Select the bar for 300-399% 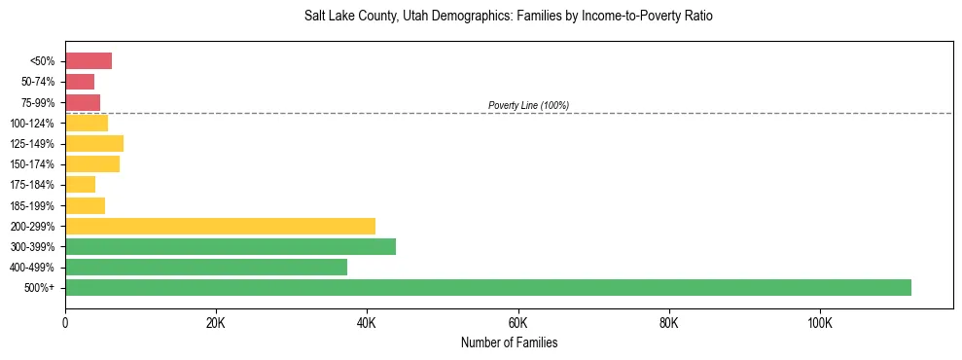[x=231, y=246]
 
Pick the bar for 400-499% [x=206, y=267]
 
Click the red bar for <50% [x=89, y=61]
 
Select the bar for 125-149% [x=94, y=144]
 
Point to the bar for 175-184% [x=81, y=185]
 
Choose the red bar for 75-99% [x=83, y=102]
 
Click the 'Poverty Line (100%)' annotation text [x=528, y=105]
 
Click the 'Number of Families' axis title [x=509, y=343]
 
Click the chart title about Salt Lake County [x=509, y=17]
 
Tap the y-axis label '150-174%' [x=33, y=164]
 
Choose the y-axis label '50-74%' [x=38, y=82]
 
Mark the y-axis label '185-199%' [x=33, y=205]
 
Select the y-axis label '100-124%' [x=33, y=124]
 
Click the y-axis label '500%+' [x=40, y=288]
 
